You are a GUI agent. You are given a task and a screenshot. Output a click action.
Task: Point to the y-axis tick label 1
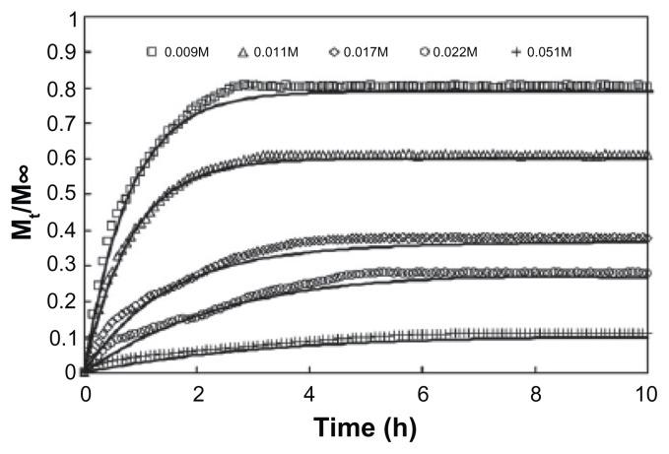pos(64,19)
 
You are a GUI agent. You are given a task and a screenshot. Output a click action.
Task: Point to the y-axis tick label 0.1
pos(56,337)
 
